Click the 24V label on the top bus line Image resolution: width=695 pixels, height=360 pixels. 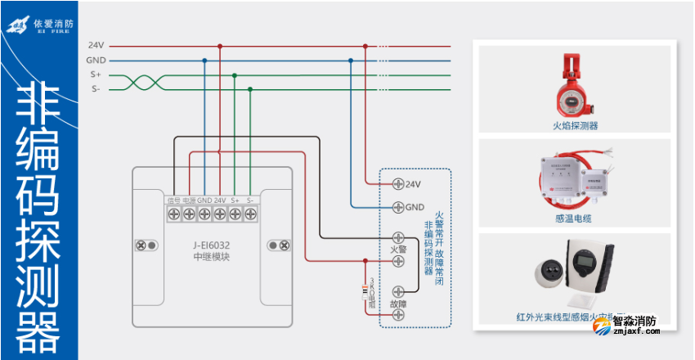click(x=96, y=46)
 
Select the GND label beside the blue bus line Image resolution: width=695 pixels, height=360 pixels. click(x=96, y=61)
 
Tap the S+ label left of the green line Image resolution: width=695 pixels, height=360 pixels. click(x=96, y=74)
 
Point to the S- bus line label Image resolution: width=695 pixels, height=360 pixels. click(x=96, y=88)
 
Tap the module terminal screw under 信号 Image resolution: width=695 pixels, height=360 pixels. click(x=174, y=214)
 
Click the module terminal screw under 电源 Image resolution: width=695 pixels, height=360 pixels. click(x=189, y=214)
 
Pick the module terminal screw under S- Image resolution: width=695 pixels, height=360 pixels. click(x=250, y=214)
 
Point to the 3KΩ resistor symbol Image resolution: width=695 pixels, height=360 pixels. click(x=365, y=290)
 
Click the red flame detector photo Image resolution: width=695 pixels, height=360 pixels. click(x=573, y=86)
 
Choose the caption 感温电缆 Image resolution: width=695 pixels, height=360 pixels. click(x=572, y=218)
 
